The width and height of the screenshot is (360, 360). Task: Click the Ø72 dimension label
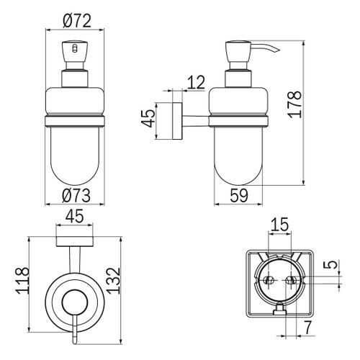(x=76, y=19)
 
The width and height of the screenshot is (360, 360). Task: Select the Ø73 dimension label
(x=76, y=194)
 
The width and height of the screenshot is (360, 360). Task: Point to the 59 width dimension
(x=241, y=194)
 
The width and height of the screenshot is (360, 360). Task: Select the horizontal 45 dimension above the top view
(x=75, y=217)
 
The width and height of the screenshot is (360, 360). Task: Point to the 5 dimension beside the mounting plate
(x=329, y=266)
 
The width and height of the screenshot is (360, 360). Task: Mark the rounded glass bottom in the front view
(x=76, y=162)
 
